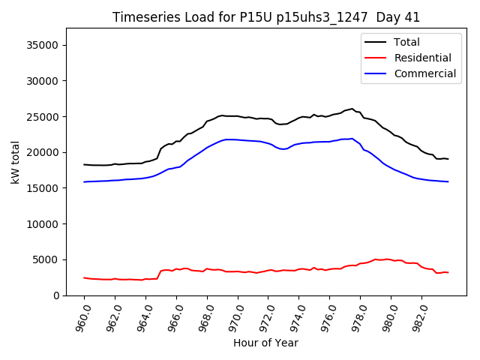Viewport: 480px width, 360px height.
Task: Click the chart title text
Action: click(266, 17)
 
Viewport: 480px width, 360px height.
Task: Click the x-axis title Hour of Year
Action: click(265, 343)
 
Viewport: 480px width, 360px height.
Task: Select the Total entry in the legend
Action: click(406, 42)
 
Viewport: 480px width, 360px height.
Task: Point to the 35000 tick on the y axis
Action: click(43, 45)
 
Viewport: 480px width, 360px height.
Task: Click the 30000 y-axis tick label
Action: click(43, 81)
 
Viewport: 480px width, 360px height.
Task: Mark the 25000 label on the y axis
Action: click(43, 117)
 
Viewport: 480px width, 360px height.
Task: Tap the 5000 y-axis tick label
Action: click(46, 260)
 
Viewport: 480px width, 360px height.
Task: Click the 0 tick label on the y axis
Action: click(57, 295)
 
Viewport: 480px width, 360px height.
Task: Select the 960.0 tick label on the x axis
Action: click(83, 316)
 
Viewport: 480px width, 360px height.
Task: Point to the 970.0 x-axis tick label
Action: click(237, 316)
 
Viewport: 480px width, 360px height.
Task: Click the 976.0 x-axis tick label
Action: click(329, 316)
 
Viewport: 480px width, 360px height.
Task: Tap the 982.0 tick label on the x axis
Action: click(421, 316)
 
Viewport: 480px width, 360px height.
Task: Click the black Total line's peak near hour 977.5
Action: click(352, 109)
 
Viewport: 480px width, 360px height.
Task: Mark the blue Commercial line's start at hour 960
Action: click(84, 181)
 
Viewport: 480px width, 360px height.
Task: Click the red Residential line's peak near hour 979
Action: click(376, 259)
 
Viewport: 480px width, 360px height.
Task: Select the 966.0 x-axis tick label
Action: click(175, 316)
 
